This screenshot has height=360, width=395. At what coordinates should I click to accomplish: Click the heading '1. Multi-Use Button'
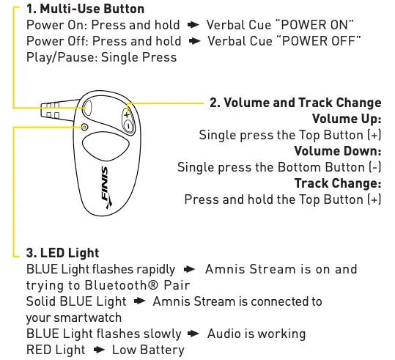coord(85,10)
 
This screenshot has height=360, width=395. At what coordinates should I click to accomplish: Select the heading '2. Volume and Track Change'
coord(295,103)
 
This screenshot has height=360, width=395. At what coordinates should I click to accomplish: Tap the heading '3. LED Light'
coord(62,254)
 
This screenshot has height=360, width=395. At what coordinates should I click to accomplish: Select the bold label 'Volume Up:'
coord(346,119)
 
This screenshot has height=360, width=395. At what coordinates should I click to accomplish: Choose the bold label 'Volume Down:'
coord(337,151)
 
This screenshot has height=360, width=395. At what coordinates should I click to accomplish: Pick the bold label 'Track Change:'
coord(337,183)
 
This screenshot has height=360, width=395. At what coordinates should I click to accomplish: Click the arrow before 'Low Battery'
coord(99,350)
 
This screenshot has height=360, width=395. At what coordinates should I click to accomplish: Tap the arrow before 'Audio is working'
coord(194,334)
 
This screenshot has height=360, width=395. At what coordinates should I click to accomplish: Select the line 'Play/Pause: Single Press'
coord(101,56)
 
